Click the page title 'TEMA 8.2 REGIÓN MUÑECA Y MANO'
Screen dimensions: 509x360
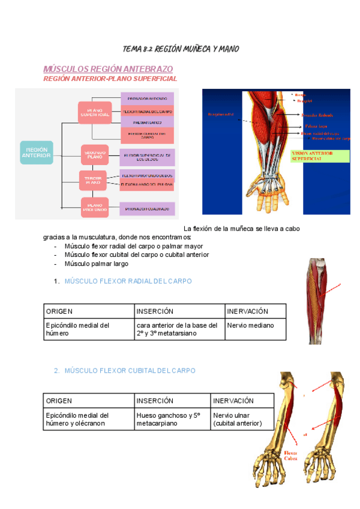tap(180, 49)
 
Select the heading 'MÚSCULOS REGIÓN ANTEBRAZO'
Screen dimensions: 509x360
tap(108, 69)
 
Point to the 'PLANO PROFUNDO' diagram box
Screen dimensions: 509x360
tap(94, 208)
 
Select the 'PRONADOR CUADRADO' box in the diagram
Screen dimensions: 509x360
tap(147, 209)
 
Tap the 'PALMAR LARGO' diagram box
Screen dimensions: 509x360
tap(147, 122)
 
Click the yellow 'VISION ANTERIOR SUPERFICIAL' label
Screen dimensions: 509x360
tap(319, 156)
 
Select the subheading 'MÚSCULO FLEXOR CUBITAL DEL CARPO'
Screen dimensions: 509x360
tap(130, 371)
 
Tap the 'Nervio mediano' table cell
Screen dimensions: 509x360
tap(250, 326)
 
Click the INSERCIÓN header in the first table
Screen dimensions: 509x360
tap(155, 312)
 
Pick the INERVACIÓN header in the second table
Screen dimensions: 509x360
tap(233, 401)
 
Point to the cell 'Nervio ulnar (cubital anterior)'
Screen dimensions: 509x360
tap(238, 419)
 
